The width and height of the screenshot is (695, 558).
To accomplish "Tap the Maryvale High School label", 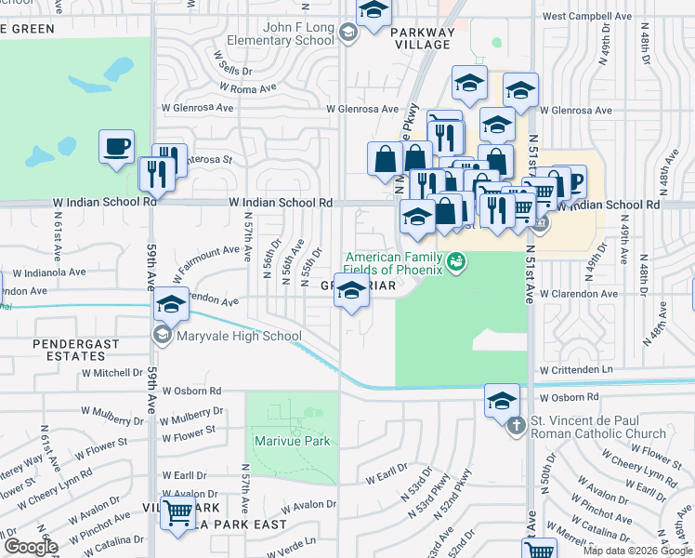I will click(x=239, y=337).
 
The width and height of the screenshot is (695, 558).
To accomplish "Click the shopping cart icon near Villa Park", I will click(x=177, y=511).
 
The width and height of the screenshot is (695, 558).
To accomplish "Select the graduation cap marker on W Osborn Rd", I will click(x=502, y=400).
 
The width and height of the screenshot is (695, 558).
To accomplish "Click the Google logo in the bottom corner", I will click(x=30, y=547).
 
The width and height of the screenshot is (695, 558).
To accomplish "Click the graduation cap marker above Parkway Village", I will click(x=373, y=12).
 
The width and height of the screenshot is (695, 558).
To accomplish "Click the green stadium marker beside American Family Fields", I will click(x=454, y=261).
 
